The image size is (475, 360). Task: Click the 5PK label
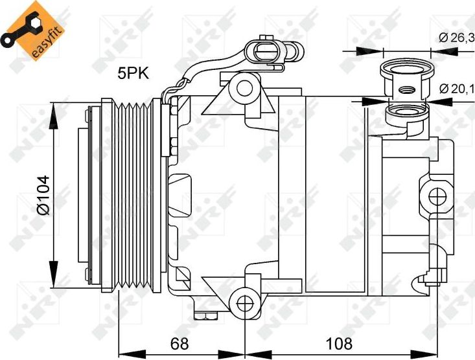pyautogui.click(x=133, y=74)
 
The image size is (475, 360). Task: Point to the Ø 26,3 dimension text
pyautogui.click(x=456, y=38)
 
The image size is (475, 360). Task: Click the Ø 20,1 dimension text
pyautogui.click(x=456, y=88)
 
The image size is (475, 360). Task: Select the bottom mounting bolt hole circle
pyautogui.click(x=244, y=302)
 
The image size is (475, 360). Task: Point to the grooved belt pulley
pyautogui.click(x=132, y=195)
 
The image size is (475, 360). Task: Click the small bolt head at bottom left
pyautogui.click(x=209, y=316)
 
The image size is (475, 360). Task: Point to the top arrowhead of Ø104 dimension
pyautogui.click(x=52, y=107)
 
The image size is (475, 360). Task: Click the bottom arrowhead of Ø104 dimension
pyautogui.click(x=52, y=283)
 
